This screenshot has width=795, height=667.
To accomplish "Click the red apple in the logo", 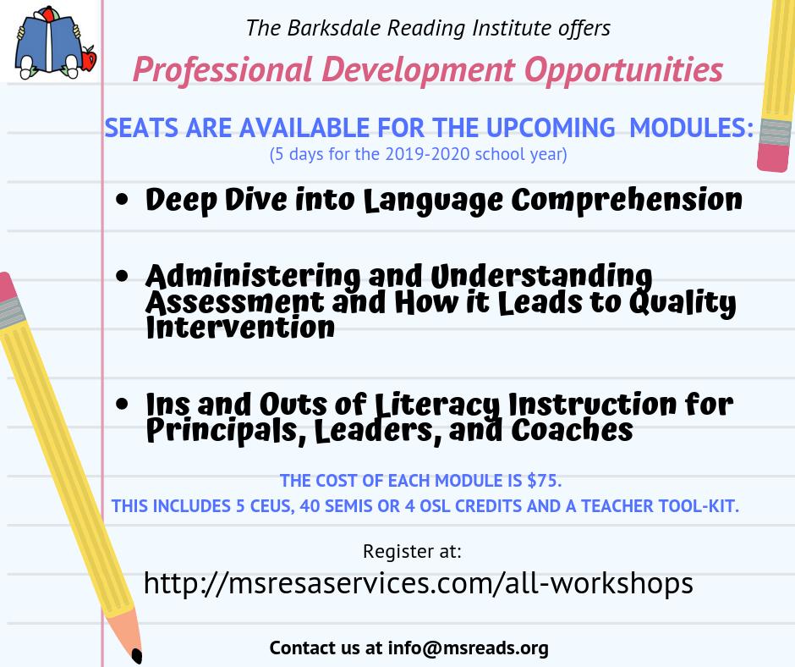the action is [x=89, y=58].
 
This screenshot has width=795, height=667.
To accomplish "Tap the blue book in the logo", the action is [x=47, y=44].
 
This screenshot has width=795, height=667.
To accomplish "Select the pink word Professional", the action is [x=222, y=69].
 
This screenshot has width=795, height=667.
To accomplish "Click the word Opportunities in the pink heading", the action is [x=623, y=70].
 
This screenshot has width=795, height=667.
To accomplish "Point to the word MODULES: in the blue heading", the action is [x=691, y=128].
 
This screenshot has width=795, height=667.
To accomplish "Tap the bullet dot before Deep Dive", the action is [x=122, y=200].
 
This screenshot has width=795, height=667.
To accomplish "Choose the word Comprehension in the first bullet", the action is [x=627, y=200].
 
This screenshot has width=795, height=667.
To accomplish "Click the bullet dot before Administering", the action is [x=122, y=276].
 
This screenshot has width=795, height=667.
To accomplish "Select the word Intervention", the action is [x=240, y=328].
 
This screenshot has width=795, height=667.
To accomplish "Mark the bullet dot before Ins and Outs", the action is [x=122, y=404].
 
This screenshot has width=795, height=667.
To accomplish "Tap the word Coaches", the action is [x=572, y=429].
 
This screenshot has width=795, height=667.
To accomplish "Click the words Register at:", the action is [x=412, y=551].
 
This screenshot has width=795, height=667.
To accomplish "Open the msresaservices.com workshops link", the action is [x=419, y=582].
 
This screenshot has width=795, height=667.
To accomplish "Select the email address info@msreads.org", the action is [x=468, y=648].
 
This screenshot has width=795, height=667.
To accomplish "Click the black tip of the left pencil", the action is [x=137, y=655].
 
